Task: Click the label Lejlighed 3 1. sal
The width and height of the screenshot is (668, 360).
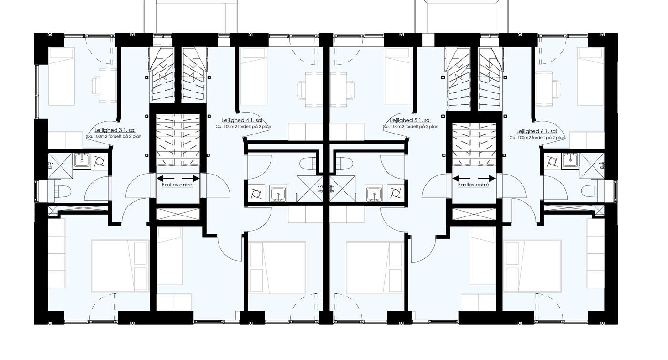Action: [x=115, y=130]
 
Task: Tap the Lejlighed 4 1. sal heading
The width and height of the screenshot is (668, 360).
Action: [x=242, y=120]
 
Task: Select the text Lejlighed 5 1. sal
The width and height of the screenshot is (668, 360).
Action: [x=410, y=120]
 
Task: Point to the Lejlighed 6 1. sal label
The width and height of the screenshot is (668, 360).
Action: [x=536, y=132]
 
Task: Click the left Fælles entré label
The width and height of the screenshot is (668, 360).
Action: [x=177, y=185]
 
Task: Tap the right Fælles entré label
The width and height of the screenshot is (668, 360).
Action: [x=473, y=185]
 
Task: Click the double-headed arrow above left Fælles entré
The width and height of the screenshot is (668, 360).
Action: [x=178, y=178]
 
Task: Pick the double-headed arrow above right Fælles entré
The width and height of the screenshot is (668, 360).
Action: [x=474, y=178]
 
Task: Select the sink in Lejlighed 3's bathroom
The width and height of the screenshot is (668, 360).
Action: [x=82, y=161]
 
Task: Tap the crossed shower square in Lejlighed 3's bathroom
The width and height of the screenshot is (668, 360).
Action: [x=60, y=165]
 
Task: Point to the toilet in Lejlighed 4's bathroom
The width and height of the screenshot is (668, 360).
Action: [x=309, y=164]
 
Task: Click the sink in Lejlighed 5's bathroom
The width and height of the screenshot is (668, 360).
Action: [x=374, y=193]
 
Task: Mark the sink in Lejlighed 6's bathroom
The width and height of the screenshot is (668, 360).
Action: [x=570, y=161]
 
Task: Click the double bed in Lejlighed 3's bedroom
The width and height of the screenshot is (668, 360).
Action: [x=120, y=266]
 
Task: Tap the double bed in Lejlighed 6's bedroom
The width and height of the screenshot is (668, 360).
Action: [x=532, y=266]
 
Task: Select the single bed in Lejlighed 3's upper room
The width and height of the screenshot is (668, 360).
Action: [x=62, y=77]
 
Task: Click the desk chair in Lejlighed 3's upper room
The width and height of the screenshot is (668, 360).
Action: [x=96, y=86]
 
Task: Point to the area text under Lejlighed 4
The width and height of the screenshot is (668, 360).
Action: [x=243, y=127]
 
